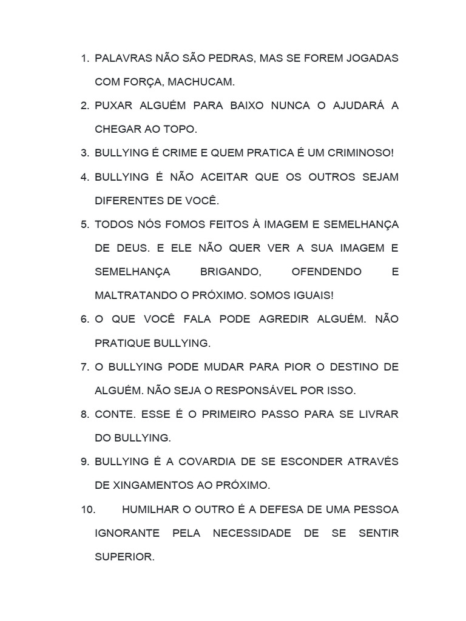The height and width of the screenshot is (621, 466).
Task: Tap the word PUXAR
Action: [114, 106]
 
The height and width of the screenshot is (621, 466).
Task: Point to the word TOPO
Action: [181, 129]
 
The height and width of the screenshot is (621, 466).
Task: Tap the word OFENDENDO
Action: [326, 272]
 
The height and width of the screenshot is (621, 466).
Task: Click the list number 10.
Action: [88, 509]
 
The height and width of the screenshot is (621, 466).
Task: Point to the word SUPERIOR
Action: [124, 557]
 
